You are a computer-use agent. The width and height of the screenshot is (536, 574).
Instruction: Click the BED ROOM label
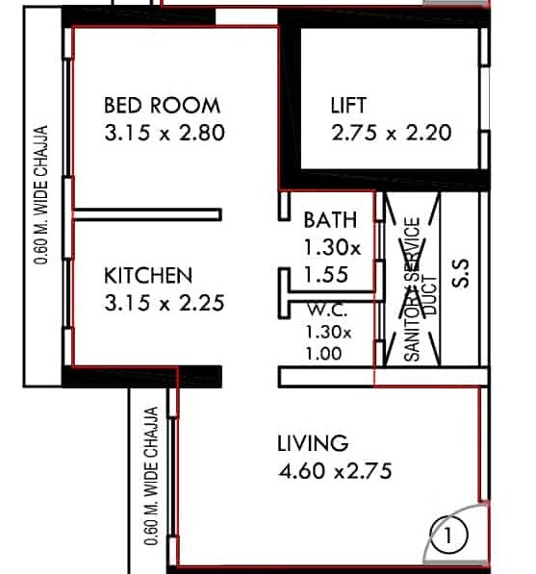(x=162, y=105)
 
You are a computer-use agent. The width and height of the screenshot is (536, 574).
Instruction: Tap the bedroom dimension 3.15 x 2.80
(x=165, y=133)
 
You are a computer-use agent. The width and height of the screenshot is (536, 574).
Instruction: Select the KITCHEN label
(x=148, y=276)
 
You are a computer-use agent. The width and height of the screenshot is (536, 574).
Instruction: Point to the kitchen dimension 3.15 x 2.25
(x=165, y=304)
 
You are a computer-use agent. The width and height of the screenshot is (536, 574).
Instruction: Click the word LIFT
(x=348, y=105)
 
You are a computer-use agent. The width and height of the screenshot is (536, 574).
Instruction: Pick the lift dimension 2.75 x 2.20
(x=391, y=133)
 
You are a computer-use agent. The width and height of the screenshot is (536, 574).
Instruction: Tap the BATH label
(x=330, y=220)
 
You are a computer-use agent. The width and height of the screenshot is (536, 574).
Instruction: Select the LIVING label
(x=313, y=443)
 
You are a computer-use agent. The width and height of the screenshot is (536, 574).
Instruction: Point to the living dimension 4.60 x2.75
(x=334, y=472)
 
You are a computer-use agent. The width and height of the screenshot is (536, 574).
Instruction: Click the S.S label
(x=462, y=276)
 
